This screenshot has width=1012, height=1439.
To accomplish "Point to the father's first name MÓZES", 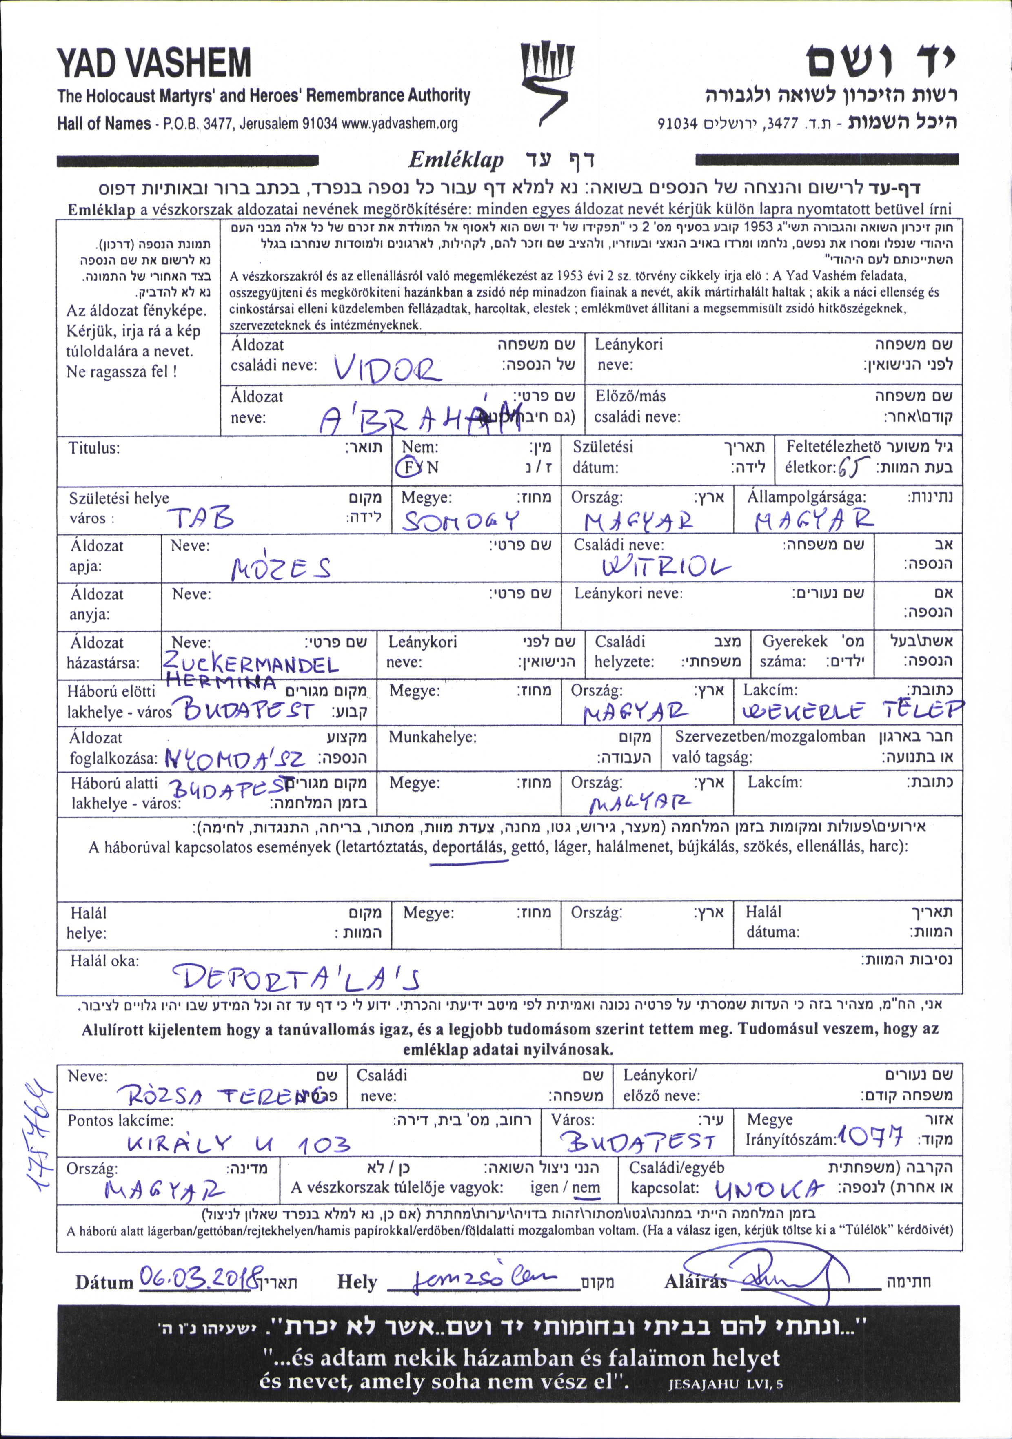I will point(281,569).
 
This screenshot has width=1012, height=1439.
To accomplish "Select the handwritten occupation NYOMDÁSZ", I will point(235,759).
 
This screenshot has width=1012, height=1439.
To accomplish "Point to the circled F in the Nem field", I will point(409,467).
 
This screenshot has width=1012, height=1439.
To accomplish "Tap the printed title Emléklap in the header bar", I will point(455,160).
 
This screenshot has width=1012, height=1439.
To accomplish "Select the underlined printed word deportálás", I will point(468,847).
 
